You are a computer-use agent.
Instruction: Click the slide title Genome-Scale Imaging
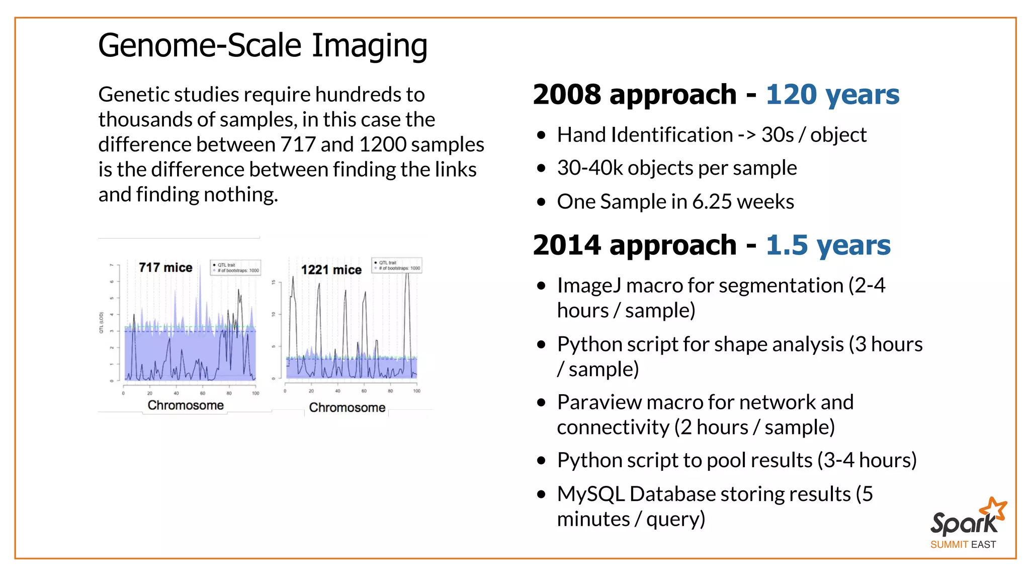point(263,46)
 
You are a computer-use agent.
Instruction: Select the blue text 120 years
point(832,95)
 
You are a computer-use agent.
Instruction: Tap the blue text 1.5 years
point(828,245)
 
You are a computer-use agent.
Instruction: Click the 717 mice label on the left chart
point(165,267)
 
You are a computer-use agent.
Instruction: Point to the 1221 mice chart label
point(331,270)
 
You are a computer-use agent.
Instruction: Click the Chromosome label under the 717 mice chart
point(186,405)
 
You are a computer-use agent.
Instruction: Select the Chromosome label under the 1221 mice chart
point(347,407)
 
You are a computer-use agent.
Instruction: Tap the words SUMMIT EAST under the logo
point(963,545)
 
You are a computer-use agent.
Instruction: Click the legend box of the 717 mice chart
point(235,267)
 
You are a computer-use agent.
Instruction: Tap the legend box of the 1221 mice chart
point(397,265)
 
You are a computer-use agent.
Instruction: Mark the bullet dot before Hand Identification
point(541,135)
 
